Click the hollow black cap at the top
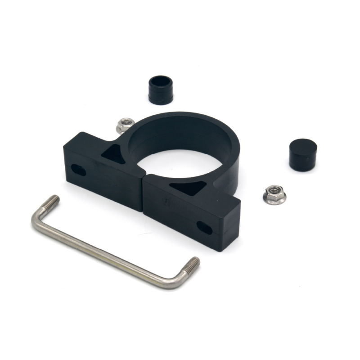click(x=161, y=90)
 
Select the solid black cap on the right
click(x=302, y=154)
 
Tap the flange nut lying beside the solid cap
click(x=274, y=195)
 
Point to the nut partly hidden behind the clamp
click(x=125, y=125)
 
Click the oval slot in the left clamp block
click(x=79, y=170)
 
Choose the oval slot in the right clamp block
click(x=205, y=228)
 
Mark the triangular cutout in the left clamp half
click(x=112, y=153)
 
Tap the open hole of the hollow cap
click(x=161, y=83)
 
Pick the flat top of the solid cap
click(x=303, y=147)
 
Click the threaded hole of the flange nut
click(x=274, y=193)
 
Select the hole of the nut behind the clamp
click(x=126, y=123)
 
